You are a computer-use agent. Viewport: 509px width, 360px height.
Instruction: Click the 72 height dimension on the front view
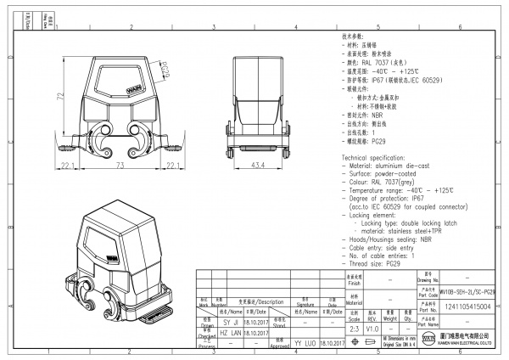click(60, 98)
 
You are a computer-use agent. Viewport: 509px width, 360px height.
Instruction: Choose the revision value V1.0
click(372, 329)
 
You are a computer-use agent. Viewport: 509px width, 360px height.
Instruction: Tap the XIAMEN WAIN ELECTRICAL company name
click(467, 345)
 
